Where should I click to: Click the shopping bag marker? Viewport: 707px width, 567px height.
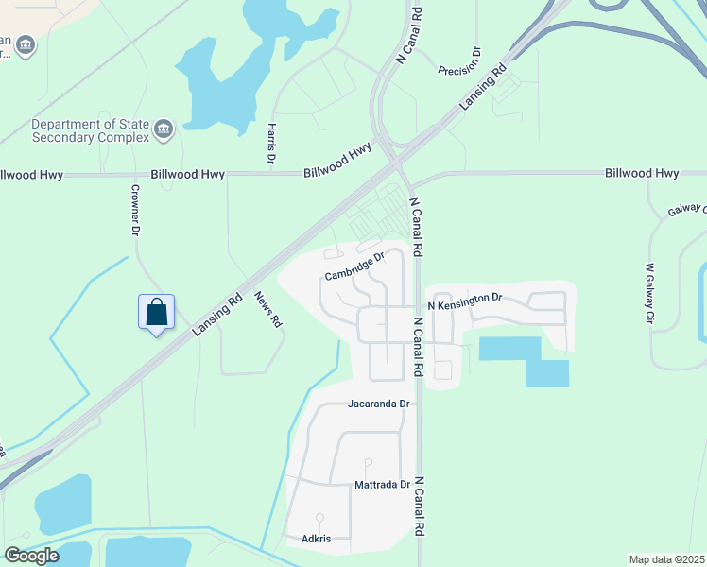[x=156, y=312]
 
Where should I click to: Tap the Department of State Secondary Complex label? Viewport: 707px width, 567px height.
[x=91, y=130]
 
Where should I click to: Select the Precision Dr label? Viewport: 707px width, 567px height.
[x=460, y=61]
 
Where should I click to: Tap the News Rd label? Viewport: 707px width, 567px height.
[x=268, y=309]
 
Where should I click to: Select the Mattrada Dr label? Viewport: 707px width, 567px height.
[x=382, y=485]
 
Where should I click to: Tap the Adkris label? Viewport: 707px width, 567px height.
[x=316, y=539]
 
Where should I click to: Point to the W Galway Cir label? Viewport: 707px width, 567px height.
[x=650, y=293]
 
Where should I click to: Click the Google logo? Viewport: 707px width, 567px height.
[x=31, y=555]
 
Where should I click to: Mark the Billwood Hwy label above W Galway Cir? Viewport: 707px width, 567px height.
[x=642, y=173]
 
